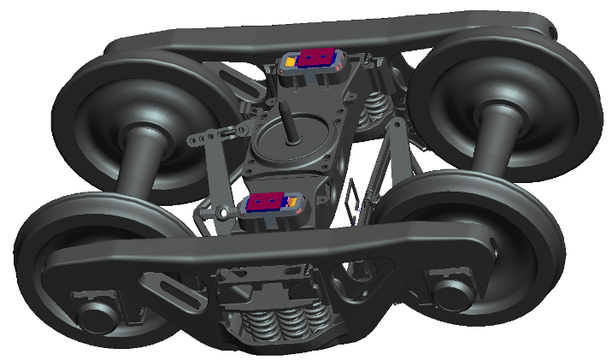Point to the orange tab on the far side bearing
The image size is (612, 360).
(290, 62)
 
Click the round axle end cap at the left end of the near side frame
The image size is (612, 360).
(92, 315)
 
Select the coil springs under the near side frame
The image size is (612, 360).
(281, 322)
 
